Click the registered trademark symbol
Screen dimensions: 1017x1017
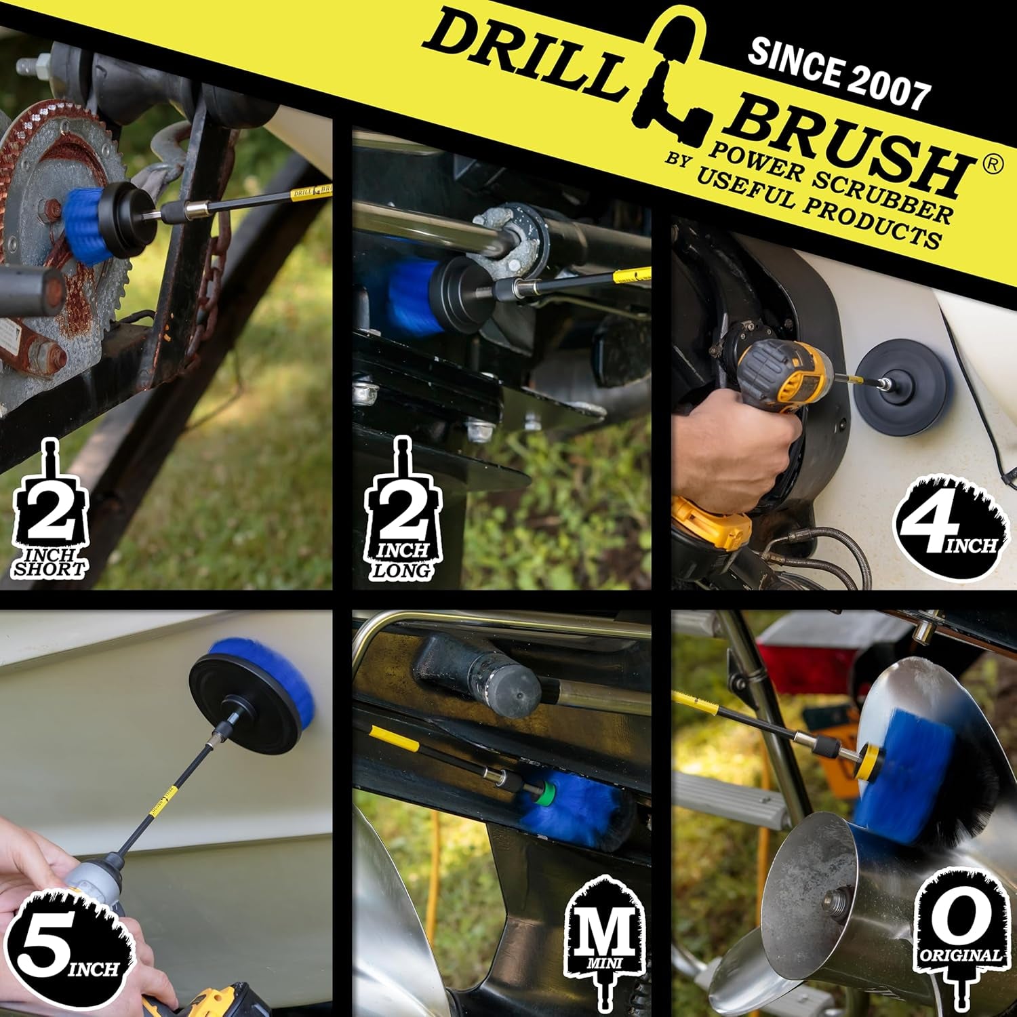coord(991,165)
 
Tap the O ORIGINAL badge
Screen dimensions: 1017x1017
coord(960,939)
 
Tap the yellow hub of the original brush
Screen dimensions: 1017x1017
coord(869,763)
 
